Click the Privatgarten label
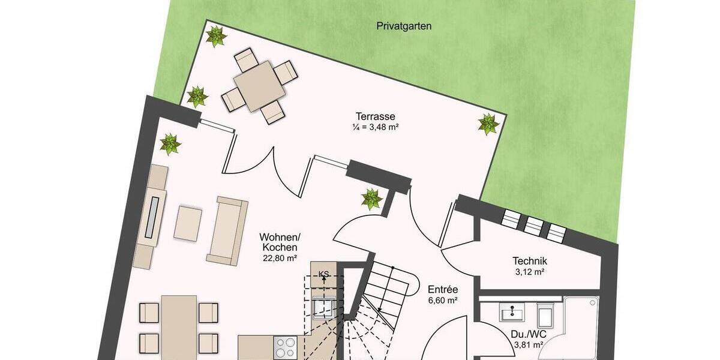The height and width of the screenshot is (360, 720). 404,26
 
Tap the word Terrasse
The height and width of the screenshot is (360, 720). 375,116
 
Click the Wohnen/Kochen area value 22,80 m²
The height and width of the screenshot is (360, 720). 280,258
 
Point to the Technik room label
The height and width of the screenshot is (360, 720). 530,260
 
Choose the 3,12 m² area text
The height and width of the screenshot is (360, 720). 530,272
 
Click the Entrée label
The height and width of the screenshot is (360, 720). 443,289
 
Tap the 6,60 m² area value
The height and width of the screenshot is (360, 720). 443,301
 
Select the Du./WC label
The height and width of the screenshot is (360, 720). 529,334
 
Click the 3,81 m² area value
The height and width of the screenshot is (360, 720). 529,346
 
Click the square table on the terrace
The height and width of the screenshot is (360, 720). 259,86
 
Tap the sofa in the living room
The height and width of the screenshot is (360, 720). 227,231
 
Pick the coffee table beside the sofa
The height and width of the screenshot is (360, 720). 188,224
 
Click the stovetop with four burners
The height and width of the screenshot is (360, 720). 286,347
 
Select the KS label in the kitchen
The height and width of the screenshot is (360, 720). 323,274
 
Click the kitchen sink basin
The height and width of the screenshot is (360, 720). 323,308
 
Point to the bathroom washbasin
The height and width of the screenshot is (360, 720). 511,311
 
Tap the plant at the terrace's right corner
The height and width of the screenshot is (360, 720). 488,124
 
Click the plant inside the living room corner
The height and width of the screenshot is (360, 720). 170,145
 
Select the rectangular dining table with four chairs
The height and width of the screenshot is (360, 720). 179,327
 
